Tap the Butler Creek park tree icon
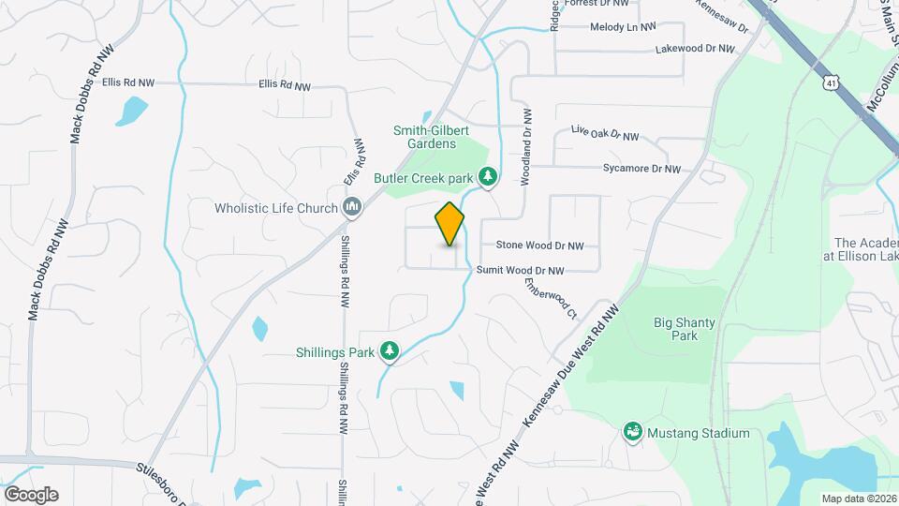pos(487,176)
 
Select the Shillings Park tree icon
pos(390,352)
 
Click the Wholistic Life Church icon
pos(353,207)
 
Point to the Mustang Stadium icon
pos(633,433)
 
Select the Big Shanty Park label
pos(685,329)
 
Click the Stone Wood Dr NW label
pos(539,246)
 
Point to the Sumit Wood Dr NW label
pos(521,271)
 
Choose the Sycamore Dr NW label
pos(641,169)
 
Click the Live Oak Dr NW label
pos(604,135)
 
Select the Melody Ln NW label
pos(623,27)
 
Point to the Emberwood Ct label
pos(551,298)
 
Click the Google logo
pos(31,495)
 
